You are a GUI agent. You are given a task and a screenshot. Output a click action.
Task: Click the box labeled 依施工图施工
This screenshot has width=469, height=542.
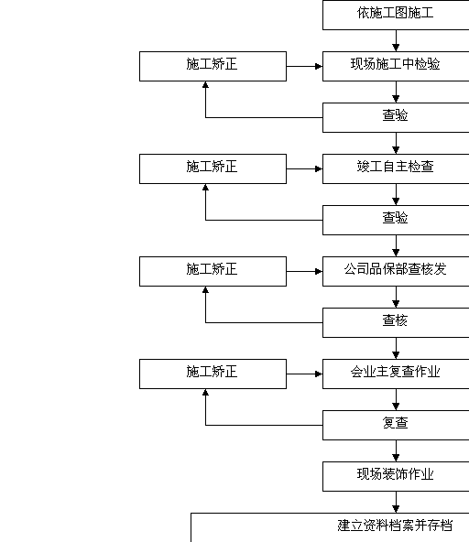396,15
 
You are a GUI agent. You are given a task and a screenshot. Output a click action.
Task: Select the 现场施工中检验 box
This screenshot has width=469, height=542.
396,66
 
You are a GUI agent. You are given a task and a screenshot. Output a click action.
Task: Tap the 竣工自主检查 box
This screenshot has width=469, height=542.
396,168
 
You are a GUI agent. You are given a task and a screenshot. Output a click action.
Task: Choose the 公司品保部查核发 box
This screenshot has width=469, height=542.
396,271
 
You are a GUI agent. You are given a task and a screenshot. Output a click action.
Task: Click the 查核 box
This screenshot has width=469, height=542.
396,322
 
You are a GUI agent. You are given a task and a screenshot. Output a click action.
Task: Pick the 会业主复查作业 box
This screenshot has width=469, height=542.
396,374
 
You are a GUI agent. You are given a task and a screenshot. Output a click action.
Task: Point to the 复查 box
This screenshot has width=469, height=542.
396,425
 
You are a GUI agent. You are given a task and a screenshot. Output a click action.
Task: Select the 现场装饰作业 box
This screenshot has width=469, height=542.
396,476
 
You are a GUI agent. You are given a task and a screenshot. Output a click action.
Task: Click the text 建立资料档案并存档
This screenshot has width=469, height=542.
395,526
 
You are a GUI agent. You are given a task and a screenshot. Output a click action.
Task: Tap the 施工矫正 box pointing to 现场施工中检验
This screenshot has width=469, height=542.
213,66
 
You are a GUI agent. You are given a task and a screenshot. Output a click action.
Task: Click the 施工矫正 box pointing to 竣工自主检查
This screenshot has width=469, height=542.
213,168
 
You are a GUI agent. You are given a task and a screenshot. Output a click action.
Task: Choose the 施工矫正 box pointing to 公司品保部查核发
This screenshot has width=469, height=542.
213,271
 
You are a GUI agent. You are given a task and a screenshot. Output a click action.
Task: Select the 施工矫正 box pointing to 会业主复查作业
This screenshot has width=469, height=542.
213,374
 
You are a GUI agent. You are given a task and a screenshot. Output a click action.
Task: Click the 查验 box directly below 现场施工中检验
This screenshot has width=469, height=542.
396,117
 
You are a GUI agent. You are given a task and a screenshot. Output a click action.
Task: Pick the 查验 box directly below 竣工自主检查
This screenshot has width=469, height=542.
396,220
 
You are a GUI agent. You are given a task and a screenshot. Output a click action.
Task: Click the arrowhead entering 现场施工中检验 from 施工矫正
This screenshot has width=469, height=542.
319,66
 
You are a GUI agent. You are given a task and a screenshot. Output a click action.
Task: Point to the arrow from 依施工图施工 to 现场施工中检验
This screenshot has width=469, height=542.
396,41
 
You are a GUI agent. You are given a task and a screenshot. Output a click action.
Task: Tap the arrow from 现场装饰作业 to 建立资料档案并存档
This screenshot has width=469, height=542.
396,503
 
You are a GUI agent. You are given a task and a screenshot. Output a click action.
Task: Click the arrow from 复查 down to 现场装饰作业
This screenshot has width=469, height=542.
396,450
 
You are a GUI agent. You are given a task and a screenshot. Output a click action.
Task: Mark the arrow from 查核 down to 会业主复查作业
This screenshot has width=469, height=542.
396,349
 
